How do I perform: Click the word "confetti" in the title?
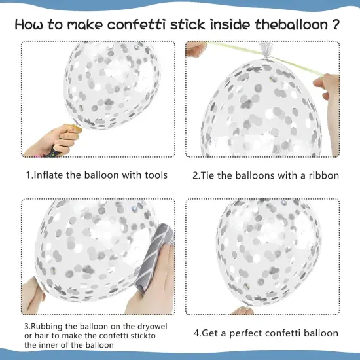coord(136,25)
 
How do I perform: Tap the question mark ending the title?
coord(335,24)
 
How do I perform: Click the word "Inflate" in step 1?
coord(48,175)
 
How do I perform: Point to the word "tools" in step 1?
coord(156,175)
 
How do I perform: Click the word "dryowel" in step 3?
coord(153,327)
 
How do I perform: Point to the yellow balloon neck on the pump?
coord(77,128)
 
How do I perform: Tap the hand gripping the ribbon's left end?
coord(196,49)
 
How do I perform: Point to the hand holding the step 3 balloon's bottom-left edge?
coord(33,296)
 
